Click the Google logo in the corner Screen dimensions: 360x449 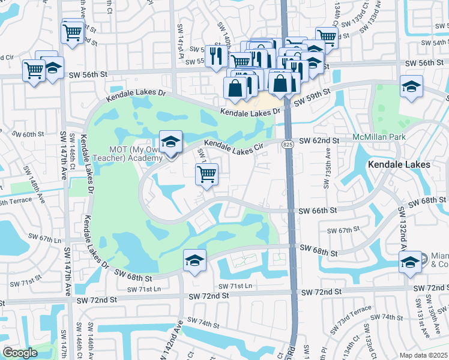tap(20, 353)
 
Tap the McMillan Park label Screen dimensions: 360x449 tap(379, 137)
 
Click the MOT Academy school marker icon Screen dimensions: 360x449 tap(170, 142)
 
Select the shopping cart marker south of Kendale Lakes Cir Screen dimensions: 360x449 tap(206, 175)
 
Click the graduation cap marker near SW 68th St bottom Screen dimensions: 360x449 tap(194, 260)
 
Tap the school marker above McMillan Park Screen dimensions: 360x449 tap(411, 87)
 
